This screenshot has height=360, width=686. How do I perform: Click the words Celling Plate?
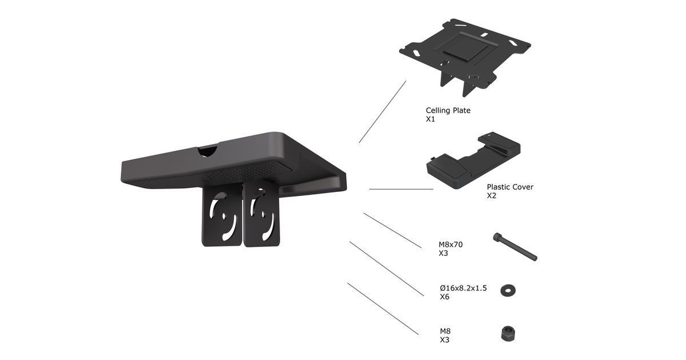(x=448, y=110)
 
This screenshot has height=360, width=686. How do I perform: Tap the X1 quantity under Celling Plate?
(x=430, y=119)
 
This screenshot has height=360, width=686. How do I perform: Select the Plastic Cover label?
(x=510, y=187)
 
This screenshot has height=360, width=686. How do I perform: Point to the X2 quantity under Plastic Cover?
(x=492, y=195)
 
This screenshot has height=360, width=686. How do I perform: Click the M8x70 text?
(x=450, y=245)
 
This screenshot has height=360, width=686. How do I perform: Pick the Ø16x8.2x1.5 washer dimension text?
(x=464, y=288)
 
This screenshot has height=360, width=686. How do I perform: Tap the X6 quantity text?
(x=444, y=297)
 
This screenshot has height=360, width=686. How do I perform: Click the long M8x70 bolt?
(x=515, y=247)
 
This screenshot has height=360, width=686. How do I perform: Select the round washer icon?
(x=508, y=290)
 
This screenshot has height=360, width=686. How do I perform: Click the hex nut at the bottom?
(x=508, y=334)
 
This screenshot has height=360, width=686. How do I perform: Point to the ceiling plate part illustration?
(x=465, y=57)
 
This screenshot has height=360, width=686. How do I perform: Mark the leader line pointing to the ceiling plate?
(x=382, y=112)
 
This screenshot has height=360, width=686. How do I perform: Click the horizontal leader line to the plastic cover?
(x=401, y=189)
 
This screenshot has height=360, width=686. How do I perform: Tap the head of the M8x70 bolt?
(x=497, y=237)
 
